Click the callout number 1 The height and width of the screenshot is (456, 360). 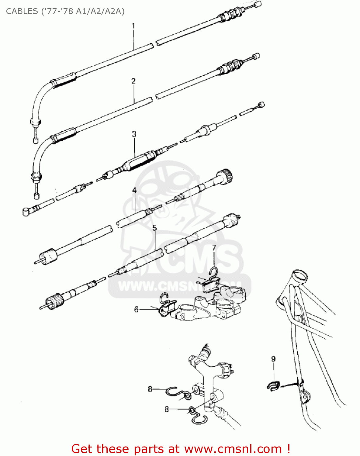tap(133, 26)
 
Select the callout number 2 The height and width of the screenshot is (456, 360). tap(133, 81)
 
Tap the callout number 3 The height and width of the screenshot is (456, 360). tap(134, 134)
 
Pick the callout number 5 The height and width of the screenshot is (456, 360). tap(154, 228)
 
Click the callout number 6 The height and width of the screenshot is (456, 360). tap(136, 309)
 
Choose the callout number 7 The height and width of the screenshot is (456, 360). tap(214, 248)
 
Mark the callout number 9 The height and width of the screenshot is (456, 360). tap(273, 359)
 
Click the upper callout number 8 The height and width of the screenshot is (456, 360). tap(150, 389)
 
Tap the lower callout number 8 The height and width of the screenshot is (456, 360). tap(166, 409)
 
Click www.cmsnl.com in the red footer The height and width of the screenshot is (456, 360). tap(233, 449)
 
